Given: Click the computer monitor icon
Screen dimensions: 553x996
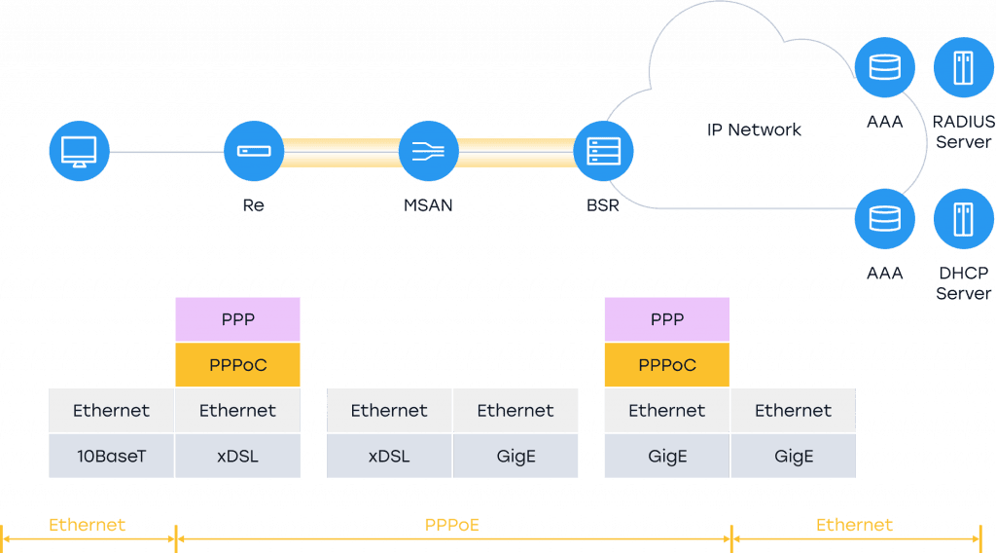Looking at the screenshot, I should (79, 152).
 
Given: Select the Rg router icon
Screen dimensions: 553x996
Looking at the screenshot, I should (253, 152).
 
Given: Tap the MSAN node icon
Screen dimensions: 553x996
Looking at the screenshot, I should (428, 152).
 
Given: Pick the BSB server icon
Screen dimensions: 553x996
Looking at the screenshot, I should (603, 152).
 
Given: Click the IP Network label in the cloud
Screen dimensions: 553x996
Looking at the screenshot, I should (754, 129).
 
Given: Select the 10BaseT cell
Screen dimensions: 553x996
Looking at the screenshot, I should (112, 455).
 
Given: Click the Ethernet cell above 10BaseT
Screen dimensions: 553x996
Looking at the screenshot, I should (112, 411).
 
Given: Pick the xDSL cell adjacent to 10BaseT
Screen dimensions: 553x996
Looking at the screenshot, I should (237, 455).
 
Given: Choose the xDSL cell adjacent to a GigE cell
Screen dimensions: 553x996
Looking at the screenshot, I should (389, 455).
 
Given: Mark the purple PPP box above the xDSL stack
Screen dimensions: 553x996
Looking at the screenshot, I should (237, 319).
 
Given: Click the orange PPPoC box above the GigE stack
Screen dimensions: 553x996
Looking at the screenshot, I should (666, 365).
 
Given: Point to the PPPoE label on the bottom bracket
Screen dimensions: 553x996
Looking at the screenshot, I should (452, 525).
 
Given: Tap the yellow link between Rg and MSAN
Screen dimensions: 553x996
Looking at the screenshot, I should (340, 152).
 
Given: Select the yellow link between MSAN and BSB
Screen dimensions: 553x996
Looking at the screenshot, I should (516, 152).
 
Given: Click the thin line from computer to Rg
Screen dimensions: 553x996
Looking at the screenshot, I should (165, 152).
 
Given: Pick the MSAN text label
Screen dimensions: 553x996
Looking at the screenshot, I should (428, 205).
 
